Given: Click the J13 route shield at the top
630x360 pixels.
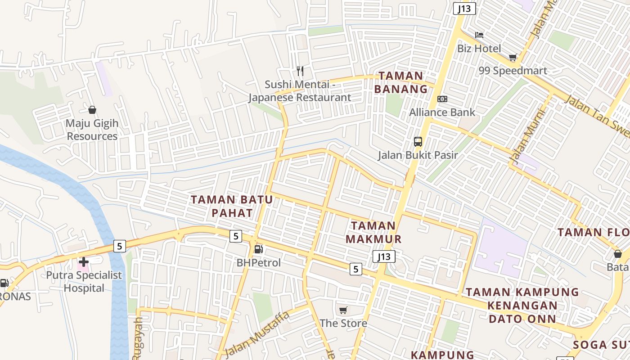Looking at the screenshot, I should pos(464,9).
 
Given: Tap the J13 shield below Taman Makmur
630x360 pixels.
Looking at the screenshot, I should pos(384,256).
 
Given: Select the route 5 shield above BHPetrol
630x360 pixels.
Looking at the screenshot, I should pos(235,236).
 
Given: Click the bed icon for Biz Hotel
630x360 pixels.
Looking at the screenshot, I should pos(479,35).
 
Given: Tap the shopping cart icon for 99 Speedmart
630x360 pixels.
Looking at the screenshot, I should pos(513,57).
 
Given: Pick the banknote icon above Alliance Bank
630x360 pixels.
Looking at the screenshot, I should pos(442,99).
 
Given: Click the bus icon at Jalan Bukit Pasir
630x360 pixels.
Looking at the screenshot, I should pos(418,142).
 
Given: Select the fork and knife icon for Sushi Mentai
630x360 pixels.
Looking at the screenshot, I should pos(300,71).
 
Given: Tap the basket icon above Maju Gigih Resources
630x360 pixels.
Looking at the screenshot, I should pos(92,110).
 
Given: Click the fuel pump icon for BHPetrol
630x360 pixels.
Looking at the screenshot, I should pos(258,249).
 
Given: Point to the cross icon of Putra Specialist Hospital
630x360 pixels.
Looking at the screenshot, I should pos(84,261).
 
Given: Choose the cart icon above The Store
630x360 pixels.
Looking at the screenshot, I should pos(343,310).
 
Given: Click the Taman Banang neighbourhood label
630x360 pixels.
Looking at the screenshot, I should pos(400,82).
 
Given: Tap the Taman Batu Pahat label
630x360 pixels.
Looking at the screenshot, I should pos(232,206).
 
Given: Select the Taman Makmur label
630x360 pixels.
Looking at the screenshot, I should pos(373,232).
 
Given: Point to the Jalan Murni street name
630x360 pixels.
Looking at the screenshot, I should pos(526,136).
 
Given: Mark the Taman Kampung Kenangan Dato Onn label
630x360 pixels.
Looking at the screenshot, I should pos(522,306).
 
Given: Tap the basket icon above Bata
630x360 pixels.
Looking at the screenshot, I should pos(618,254).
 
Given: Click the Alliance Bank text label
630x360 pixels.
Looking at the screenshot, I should pos(442,112).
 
